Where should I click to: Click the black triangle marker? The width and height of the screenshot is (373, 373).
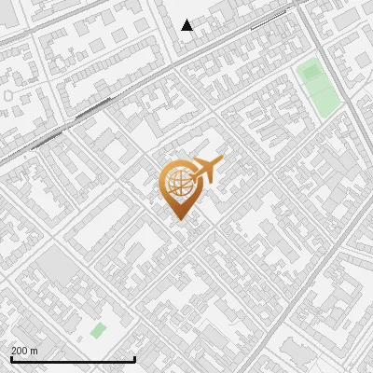click(x=187, y=25)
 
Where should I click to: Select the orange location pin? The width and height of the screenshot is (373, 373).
click(x=179, y=187)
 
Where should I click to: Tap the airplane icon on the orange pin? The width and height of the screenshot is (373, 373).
click(x=207, y=169)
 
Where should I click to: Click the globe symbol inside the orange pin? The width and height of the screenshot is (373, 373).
click(x=179, y=183)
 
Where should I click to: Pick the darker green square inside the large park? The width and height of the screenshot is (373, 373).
click(x=311, y=71)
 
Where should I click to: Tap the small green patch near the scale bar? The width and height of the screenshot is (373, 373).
click(x=98, y=330)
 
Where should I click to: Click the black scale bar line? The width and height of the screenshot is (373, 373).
click(x=73, y=359)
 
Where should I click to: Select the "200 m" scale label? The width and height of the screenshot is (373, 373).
click(x=24, y=351)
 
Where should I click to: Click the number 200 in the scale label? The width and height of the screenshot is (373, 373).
click(x=20, y=351)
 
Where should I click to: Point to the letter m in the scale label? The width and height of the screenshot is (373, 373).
click(x=35, y=351)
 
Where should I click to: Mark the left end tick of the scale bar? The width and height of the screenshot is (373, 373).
click(x=10, y=357)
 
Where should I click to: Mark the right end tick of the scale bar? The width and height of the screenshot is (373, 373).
click(x=135, y=357)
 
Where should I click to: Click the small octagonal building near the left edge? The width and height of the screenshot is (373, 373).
click(x=9, y=94)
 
